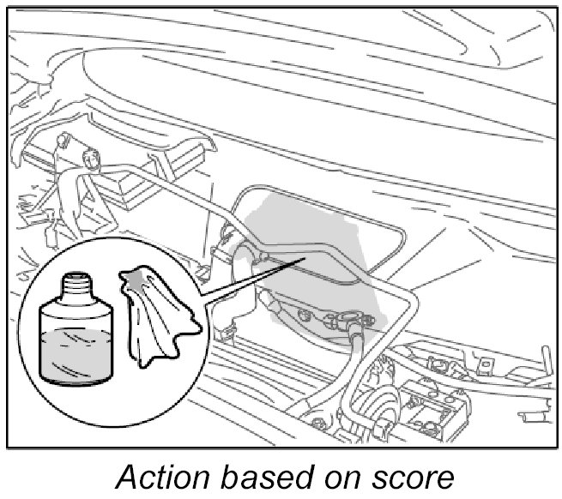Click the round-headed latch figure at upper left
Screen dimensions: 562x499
pyautogui.click(x=89, y=159)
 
